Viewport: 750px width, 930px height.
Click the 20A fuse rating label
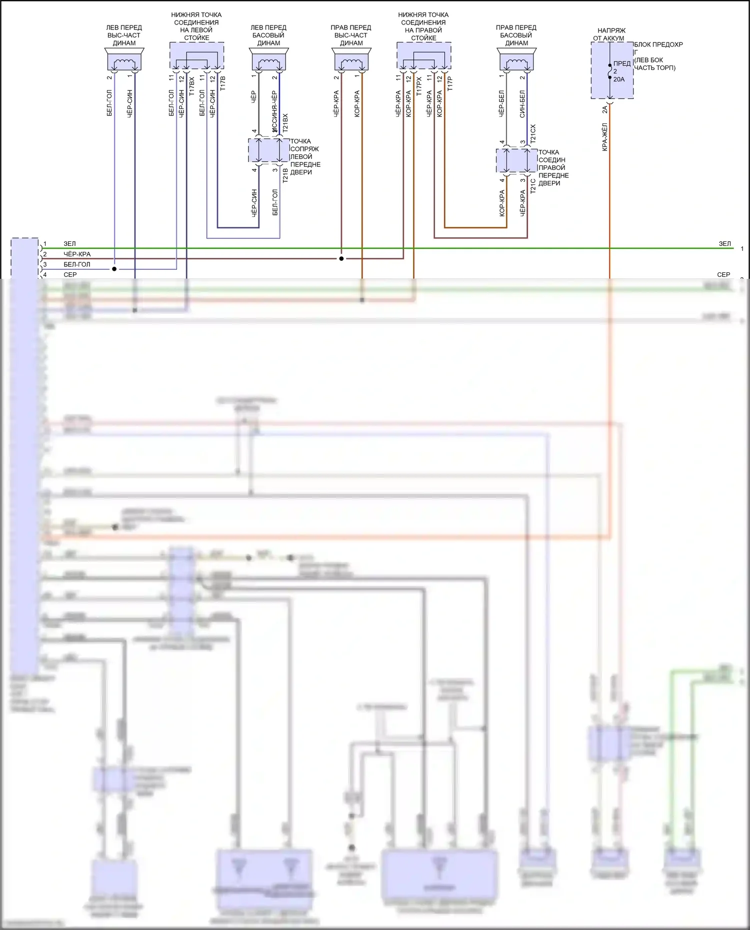point(619,79)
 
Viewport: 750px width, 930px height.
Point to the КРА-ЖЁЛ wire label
point(604,137)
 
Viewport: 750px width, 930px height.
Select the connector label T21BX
point(285,123)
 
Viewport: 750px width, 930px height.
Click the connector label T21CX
point(533,134)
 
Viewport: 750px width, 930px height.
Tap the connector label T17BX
point(192,86)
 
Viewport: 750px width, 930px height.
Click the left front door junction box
point(269,151)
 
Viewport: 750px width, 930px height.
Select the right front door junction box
point(516,161)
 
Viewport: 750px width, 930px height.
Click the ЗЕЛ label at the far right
point(724,244)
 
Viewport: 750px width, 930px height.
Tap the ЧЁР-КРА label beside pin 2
point(77,254)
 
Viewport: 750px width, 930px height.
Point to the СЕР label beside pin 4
point(70,275)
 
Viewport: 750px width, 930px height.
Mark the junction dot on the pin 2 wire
point(341,259)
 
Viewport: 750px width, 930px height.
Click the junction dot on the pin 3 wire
point(114,269)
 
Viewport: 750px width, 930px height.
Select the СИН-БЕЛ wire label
point(522,104)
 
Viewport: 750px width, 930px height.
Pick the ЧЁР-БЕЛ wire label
point(501,104)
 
